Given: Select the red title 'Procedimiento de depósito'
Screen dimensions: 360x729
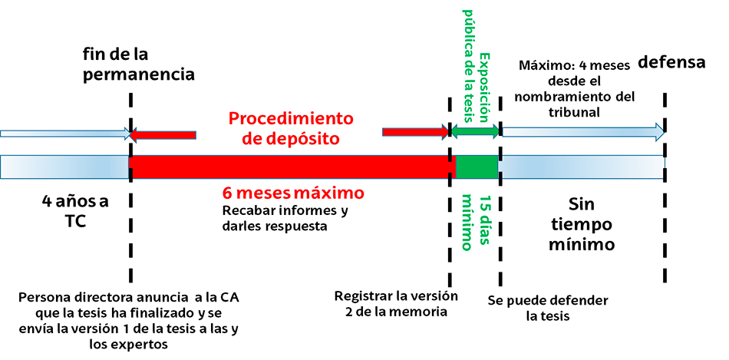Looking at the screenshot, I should click(x=291, y=128).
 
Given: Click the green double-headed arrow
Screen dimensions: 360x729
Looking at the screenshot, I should click(x=475, y=132).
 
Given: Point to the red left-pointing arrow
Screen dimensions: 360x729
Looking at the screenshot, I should click(x=163, y=135).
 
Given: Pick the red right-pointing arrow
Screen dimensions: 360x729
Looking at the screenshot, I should click(x=415, y=132).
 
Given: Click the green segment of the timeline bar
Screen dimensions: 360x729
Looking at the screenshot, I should click(x=477, y=166).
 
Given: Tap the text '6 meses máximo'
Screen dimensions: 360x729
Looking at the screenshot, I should click(x=292, y=191).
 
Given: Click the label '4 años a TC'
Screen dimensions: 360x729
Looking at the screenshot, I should click(x=74, y=212).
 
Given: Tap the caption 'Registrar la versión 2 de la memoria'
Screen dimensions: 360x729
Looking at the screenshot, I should click(x=397, y=304).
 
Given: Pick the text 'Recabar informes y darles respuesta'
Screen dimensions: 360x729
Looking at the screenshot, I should click(x=285, y=218).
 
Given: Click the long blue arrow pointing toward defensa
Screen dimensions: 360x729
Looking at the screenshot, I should click(x=582, y=132).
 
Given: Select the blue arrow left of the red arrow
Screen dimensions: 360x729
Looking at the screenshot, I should click(x=65, y=134).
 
